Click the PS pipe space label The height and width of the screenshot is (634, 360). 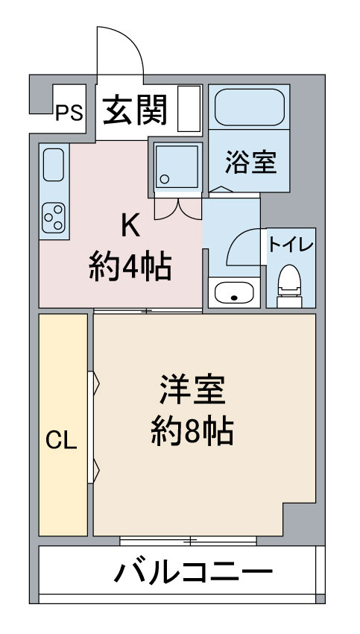pos(69,113)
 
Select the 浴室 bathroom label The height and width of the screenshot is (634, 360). pos(250,162)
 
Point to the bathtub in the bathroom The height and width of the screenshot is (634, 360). pos(249,107)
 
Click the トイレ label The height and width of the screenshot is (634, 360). pos(291,245)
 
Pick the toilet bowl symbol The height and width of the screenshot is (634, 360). pos(289,283)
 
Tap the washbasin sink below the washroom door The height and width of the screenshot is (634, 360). pos(234,293)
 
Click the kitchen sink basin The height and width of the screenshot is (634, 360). pos(53,164)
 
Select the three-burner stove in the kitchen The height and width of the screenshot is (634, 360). pos(53,217)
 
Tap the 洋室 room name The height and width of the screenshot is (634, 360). pos(192,391)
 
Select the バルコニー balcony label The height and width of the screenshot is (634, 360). pos(193,573)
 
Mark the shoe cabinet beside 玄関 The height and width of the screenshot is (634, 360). pos(190,109)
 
